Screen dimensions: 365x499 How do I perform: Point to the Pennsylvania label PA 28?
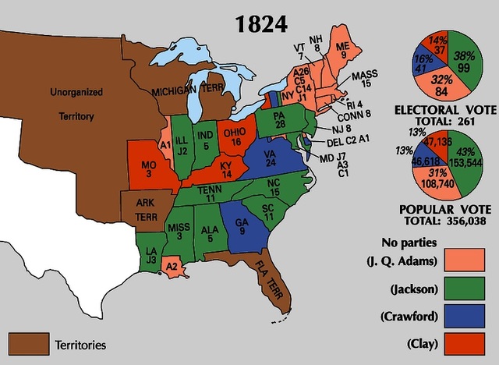tap(278, 122)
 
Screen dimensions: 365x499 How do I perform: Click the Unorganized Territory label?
tap(76, 104)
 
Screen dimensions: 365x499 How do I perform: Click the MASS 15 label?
tap(364, 80)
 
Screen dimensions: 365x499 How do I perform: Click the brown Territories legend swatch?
tap(27, 342)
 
